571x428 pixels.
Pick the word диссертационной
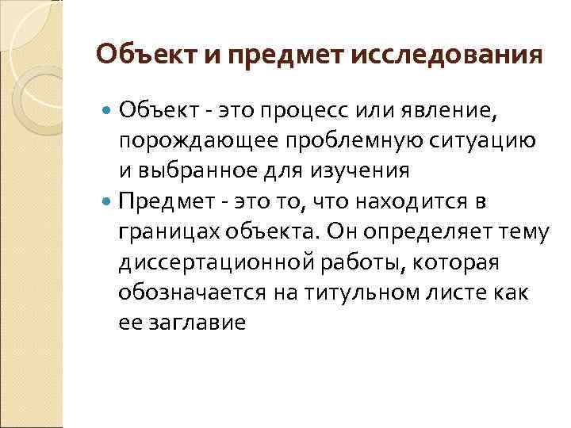click(211, 262)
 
